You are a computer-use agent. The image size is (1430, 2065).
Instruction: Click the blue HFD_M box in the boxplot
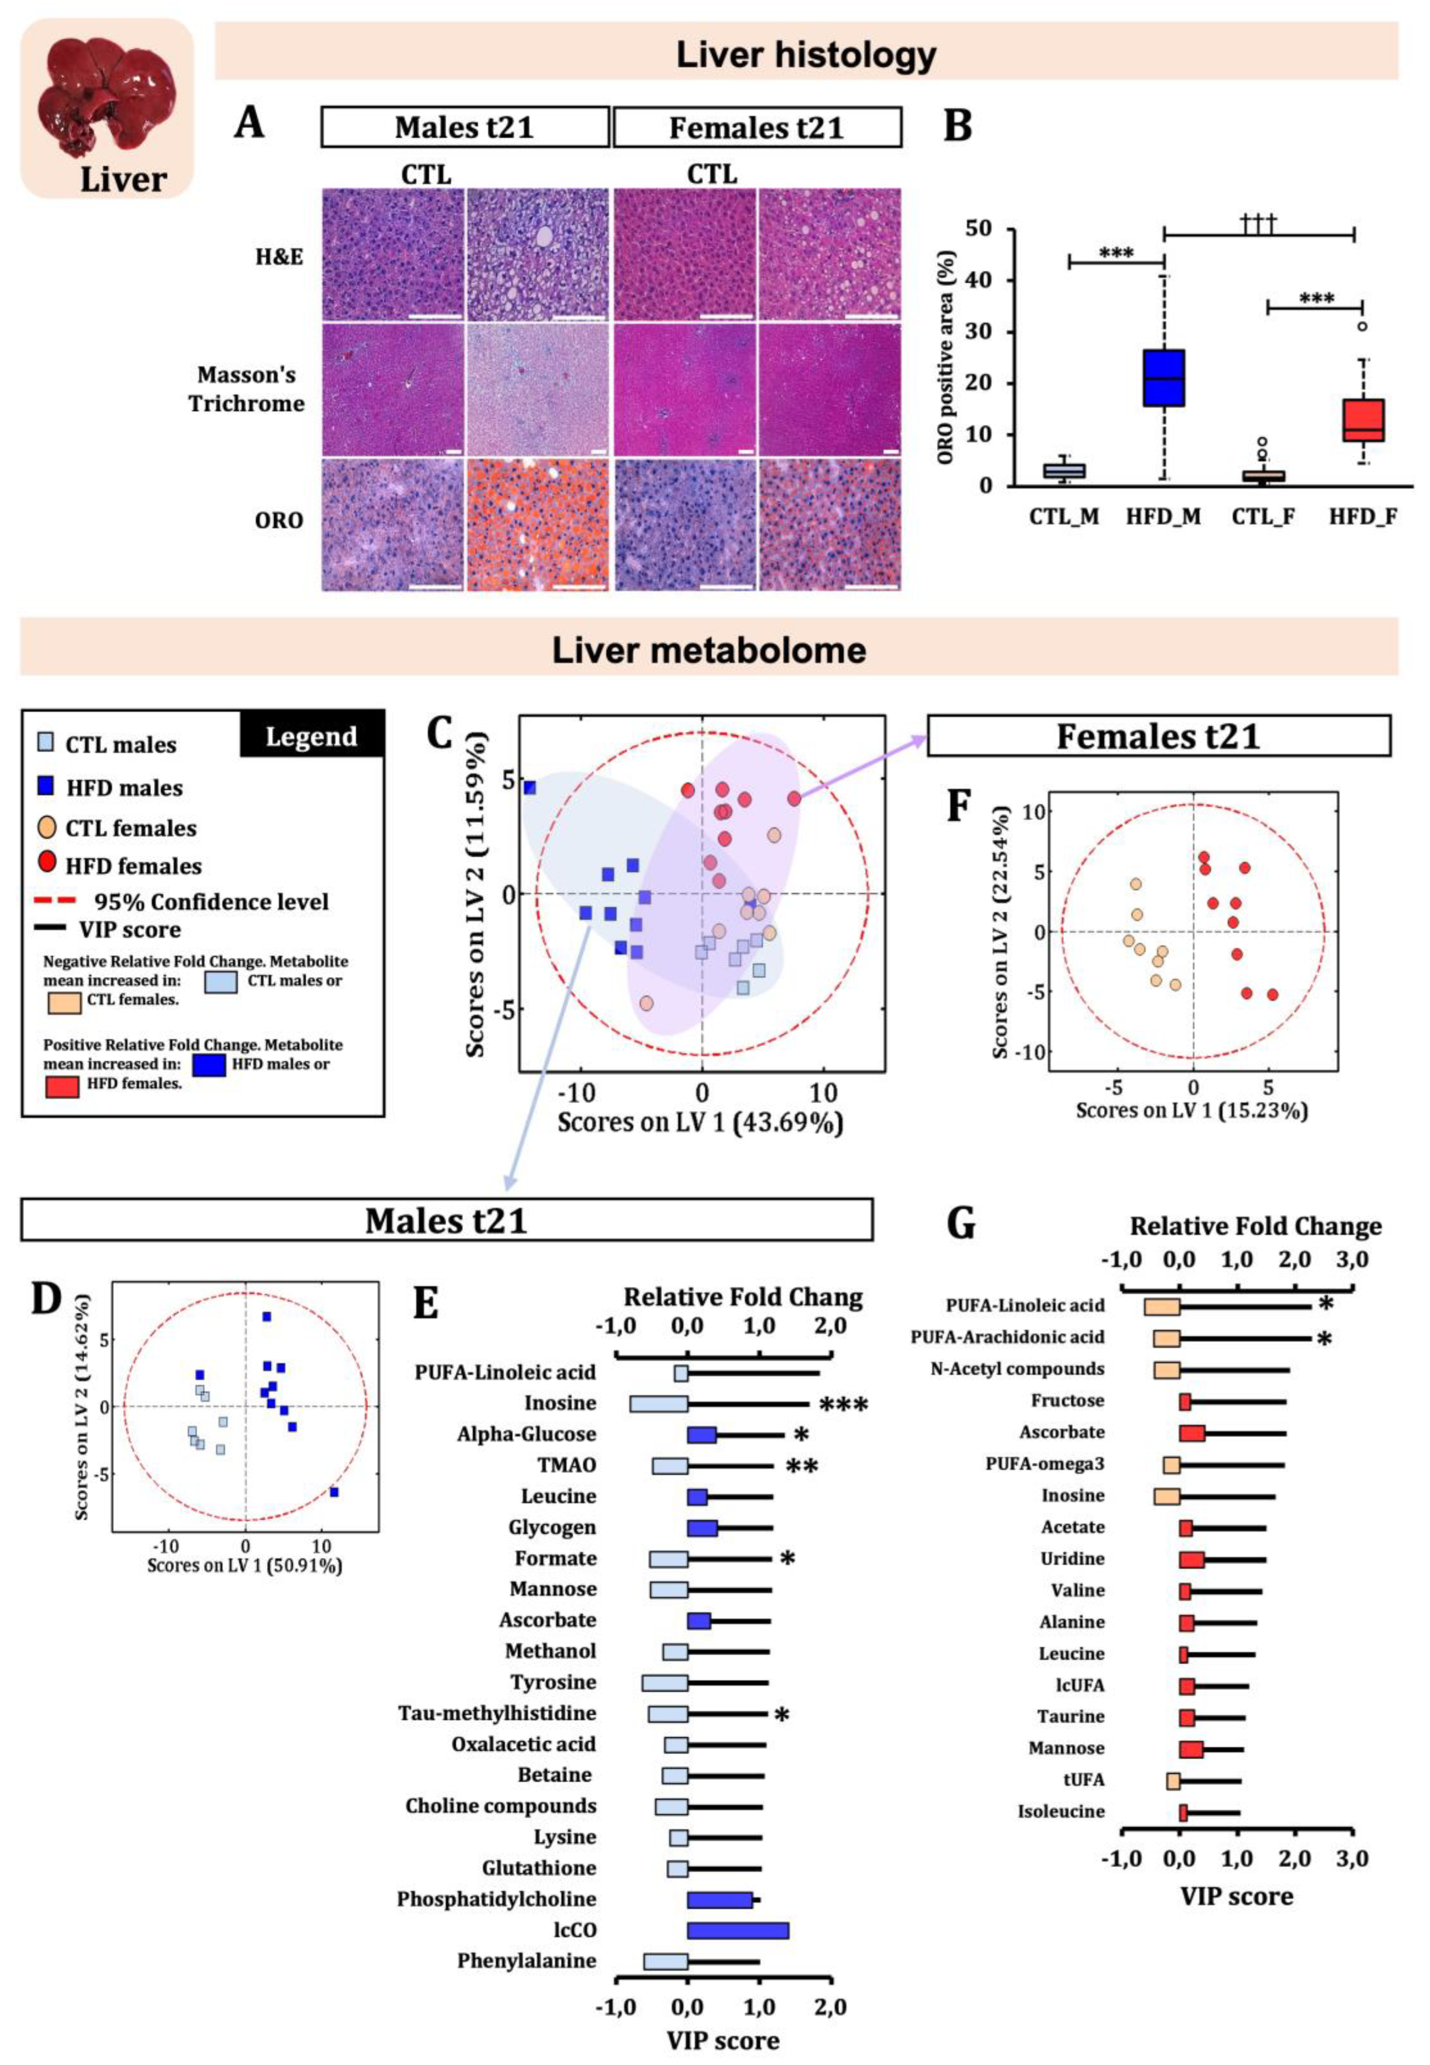[x=1163, y=377]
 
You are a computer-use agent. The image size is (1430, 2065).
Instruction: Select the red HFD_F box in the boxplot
[x=1363, y=419]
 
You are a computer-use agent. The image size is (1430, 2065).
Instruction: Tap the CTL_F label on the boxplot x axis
[x=1263, y=517]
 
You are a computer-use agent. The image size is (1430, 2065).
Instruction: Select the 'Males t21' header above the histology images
[x=464, y=127]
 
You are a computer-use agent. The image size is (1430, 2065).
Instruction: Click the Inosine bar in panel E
[x=659, y=1404]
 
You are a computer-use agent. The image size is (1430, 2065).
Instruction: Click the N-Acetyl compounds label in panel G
[x=1016, y=1369]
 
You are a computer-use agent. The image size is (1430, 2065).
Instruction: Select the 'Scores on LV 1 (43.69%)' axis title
[x=700, y=1122]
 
